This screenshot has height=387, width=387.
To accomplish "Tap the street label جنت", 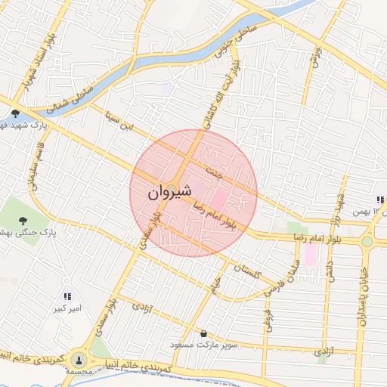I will click(x=217, y=172).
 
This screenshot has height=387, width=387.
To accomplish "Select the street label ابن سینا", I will click(x=121, y=120).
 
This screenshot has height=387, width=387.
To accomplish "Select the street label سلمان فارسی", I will click(x=282, y=277).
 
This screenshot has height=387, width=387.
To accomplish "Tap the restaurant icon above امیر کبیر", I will click(x=67, y=297).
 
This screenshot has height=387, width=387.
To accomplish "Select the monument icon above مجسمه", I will click(x=79, y=360).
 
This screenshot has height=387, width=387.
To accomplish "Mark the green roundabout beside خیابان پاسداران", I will click(x=367, y=242).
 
